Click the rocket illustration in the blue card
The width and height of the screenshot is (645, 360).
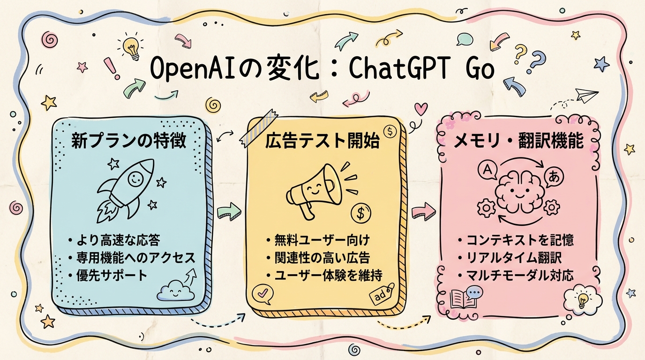(127, 187)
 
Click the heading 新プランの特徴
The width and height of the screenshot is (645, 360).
(128, 141)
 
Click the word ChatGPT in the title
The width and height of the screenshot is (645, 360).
(397, 71)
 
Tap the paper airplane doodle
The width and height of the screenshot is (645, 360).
(587, 97)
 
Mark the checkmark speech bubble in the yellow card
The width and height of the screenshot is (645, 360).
(260, 293)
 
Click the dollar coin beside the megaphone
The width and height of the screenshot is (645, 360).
(360, 214)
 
